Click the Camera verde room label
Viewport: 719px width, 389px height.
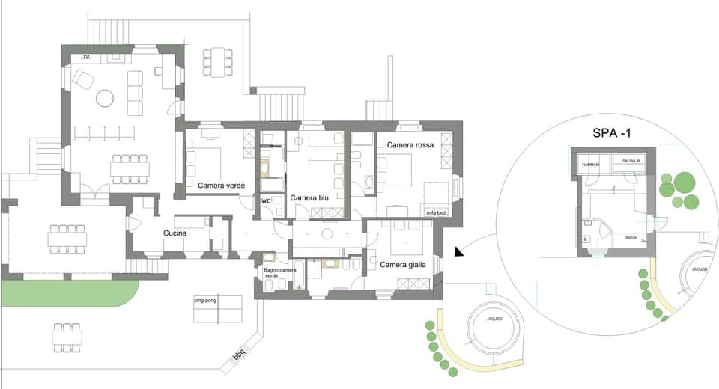221,185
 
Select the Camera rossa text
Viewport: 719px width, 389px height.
410,144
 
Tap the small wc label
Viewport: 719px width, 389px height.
266,200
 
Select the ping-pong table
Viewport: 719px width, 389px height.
217,308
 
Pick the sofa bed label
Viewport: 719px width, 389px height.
436,213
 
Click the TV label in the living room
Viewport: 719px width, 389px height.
86,57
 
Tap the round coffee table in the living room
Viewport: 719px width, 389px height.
104,98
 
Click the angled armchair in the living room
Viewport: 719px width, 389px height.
82,78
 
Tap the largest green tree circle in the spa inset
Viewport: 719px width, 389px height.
683,183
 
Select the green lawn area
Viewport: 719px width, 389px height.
67,292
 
